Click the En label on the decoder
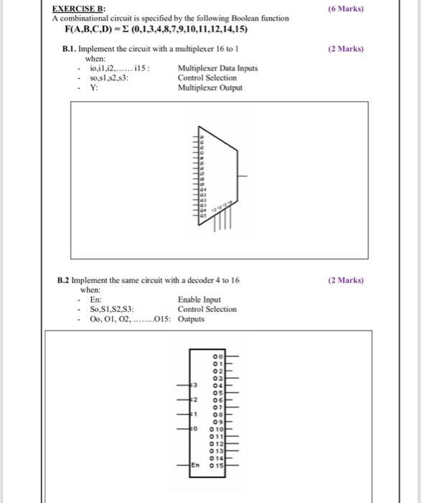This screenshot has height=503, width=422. [195, 465]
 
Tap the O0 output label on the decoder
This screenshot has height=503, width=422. [217, 356]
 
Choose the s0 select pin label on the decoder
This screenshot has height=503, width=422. [194, 428]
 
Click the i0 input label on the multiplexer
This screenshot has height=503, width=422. [202, 137]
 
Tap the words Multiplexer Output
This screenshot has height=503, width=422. [210, 88]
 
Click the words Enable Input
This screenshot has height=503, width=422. [199, 300]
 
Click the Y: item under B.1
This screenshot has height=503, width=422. [93, 88]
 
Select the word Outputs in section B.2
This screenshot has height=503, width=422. [191, 318]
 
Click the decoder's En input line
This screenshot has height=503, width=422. [184, 465]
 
